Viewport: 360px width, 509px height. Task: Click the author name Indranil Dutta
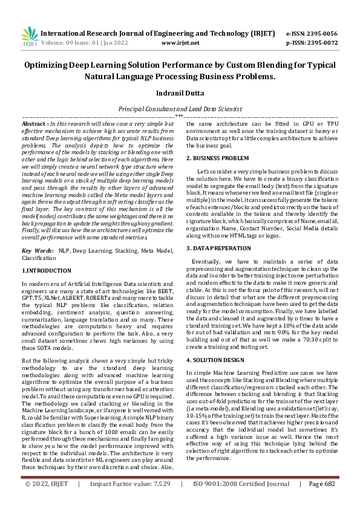[x=180, y=94]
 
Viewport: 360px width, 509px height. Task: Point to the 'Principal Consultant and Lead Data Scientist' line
[x=180, y=109]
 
